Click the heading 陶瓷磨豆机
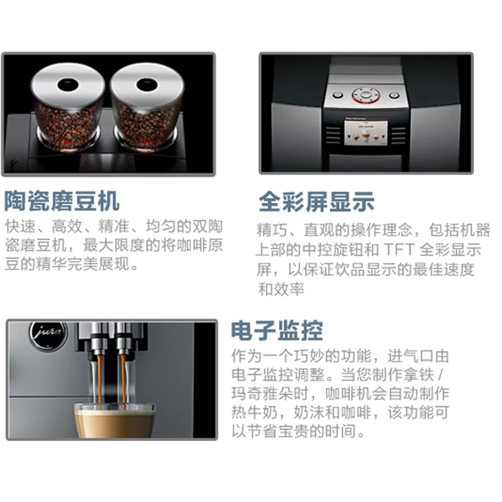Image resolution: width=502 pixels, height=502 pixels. [62, 201]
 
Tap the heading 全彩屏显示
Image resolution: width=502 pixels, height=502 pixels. [317, 202]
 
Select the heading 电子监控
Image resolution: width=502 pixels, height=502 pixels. [277, 331]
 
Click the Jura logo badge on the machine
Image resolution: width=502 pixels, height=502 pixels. [48, 335]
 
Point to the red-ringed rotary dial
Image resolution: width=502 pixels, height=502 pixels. [366, 95]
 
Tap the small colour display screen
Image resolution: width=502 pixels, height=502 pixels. [366, 132]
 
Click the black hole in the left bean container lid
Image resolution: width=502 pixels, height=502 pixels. [67, 85]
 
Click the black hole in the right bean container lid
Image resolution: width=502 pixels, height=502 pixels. [147, 85]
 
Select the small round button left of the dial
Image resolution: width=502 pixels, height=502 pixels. [338, 95]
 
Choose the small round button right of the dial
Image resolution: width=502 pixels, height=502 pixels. [394, 95]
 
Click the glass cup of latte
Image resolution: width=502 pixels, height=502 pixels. [114, 420]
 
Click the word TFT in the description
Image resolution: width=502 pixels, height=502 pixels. [399, 250]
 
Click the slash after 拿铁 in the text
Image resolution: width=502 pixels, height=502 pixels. [441, 375]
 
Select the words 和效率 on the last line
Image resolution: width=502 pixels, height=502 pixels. [281, 290]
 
